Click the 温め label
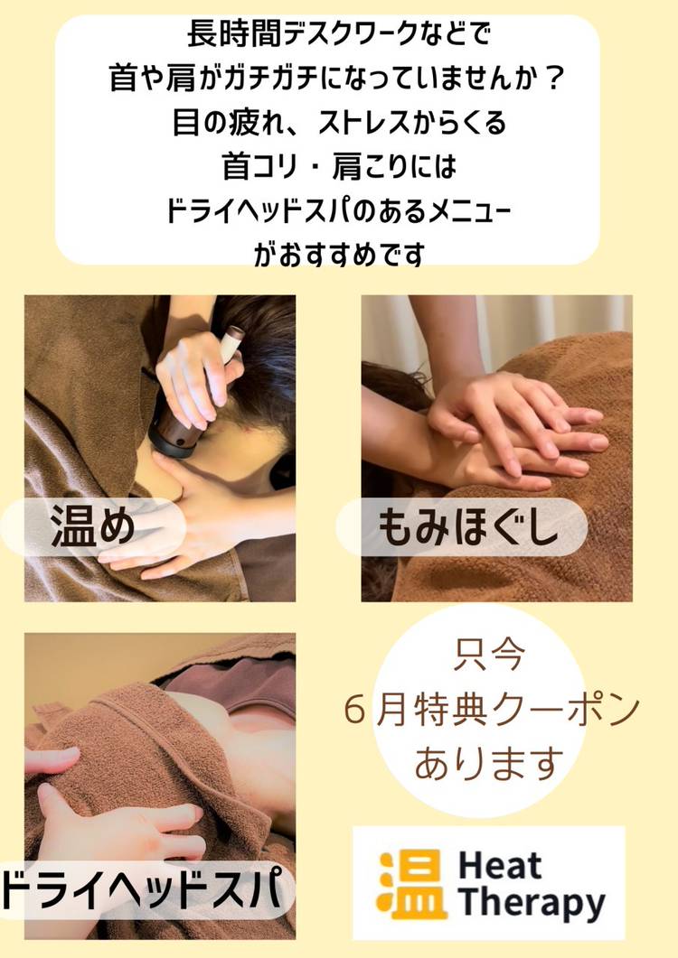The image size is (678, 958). [x=93, y=526]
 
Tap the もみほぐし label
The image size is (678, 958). [x=468, y=526]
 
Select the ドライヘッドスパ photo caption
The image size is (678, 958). [x=143, y=889]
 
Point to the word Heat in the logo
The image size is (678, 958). [x=500, y=865]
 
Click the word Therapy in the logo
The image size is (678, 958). [x=532, y=903]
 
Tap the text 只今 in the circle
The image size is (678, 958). [x=488, y=655]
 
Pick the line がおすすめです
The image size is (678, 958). [x=339, y=254]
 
